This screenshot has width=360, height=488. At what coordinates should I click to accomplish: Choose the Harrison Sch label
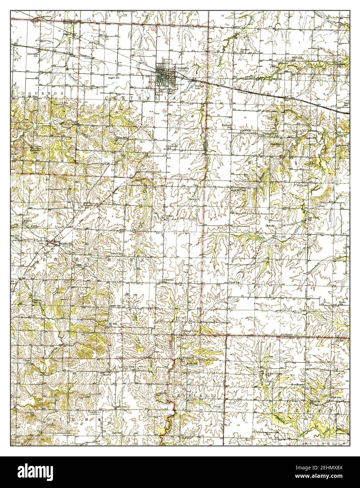pos(245,51)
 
